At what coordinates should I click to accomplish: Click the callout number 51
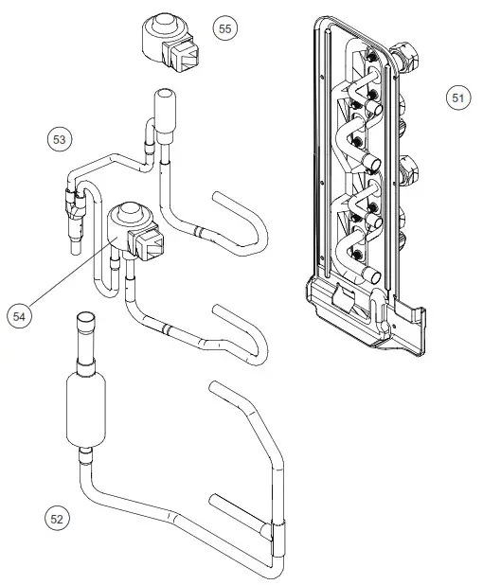(458, 97)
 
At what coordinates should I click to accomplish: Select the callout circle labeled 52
(58, 518)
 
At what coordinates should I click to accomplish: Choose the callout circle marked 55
(224, 29)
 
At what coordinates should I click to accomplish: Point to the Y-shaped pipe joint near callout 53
(73, 202)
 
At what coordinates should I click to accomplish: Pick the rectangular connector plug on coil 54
(152, 248)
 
